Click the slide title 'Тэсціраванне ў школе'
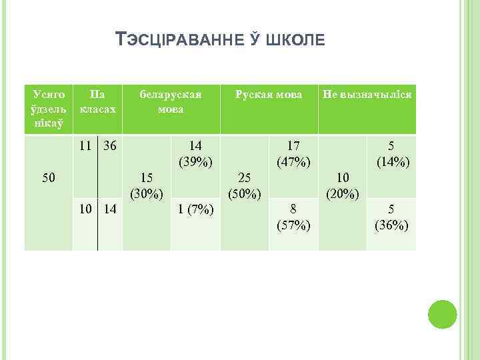tap(221, 41)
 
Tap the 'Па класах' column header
tap(97, 101)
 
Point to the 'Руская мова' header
tap(269, 94)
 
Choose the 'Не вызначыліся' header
tap(367, 94)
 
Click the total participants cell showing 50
tap(48, 177)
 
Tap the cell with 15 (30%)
tap(147, 186)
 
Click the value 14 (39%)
tap(195, 153)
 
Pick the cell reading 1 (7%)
tap(195, 211)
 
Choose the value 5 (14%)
tap(391, 153)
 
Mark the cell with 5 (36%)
tap(391, 217)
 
